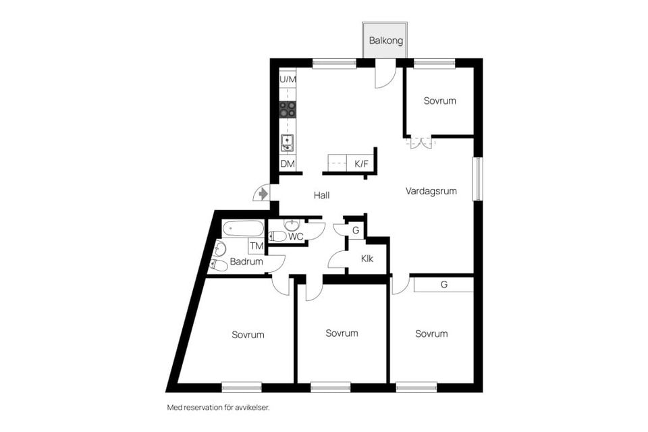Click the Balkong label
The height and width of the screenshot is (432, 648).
tap(386, 40)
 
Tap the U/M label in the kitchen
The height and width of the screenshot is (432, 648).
tap(288, 80)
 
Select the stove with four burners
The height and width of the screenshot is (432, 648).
tap(288, 109)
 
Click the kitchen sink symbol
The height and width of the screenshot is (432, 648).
tap(288, 142)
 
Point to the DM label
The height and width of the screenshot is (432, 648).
tap(288, 164)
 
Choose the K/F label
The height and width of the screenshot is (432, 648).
tap(362, 163)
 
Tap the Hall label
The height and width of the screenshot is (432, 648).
tap(321, 195)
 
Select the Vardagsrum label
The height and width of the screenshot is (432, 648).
tap(431, 191)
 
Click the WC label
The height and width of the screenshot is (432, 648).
tap(296, 236)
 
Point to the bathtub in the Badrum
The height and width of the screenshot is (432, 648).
tap(243, 228)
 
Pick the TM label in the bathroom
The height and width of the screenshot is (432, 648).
tap(256, 246)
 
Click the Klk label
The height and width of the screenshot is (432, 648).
tap(367, 258)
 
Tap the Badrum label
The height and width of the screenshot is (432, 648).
tap(246, 262)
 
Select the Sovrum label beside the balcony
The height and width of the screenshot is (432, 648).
tap(440, 101)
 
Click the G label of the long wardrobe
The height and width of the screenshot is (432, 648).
tap(444, 285)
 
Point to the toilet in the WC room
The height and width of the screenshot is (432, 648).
tap(277, 236)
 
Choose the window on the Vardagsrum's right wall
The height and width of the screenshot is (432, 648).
tap(477, 179)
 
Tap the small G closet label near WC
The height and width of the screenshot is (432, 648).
tap(355, 230)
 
